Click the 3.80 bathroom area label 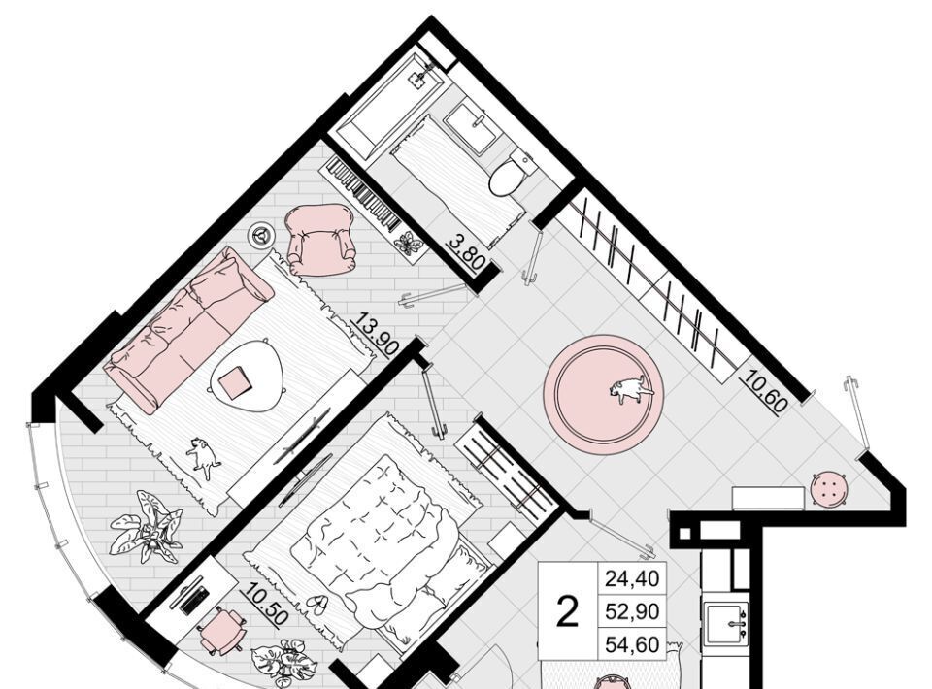[468, 252]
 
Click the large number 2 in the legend [567, 612]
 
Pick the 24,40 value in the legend [632, 578]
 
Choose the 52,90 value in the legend [632, 611]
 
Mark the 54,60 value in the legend [632, 644]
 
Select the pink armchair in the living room [320, 240]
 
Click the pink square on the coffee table [234, 383]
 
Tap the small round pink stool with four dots [829, 489]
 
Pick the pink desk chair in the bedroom [222, 630]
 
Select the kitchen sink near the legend [726, 624]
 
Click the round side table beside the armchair [261, 235]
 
